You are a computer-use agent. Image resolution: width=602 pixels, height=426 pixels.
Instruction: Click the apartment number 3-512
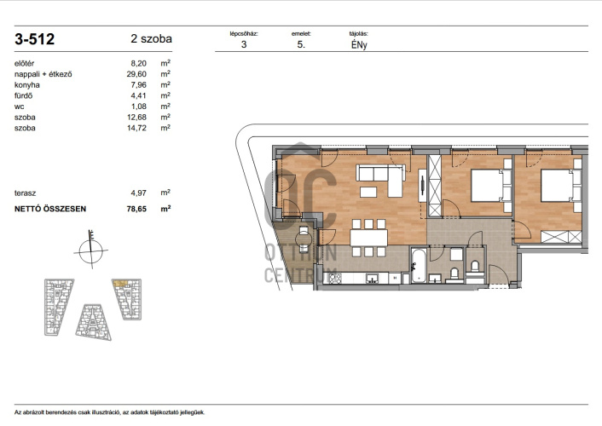[x=35, y=39]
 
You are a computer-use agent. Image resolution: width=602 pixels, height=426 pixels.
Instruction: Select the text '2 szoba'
[x=151, y=38]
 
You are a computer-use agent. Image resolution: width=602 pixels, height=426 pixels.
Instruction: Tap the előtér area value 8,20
[x=139, y=63]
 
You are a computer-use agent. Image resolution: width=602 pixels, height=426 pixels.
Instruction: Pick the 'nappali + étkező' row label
[x=43, y=74]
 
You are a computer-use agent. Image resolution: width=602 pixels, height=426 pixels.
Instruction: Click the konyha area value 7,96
[x=139, y=85]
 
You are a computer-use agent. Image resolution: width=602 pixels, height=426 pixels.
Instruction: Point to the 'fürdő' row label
[x=23, y=95]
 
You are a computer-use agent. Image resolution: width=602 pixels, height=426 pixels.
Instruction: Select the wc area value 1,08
[x=139, y=106]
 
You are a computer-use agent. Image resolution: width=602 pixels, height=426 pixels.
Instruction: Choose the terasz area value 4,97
[x=139, y=193]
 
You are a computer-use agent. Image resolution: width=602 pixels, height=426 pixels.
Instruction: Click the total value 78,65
[x=136, y=209]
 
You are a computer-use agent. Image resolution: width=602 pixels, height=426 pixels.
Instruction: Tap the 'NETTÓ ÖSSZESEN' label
[x=50, y=209]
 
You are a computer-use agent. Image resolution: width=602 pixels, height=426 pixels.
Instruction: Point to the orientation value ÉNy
[x=359, y=45]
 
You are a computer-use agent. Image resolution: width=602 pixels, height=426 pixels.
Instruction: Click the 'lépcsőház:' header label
[x=244, y=34]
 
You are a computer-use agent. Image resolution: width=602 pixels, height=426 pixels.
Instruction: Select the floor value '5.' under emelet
[x=301, y=44]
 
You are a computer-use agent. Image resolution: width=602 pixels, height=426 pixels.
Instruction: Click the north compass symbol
[x=91, y=250]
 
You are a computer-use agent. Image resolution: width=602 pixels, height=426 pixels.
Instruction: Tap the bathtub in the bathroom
[x=419, y=266]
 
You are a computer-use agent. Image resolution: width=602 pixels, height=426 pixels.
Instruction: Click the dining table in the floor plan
[x=368, y=238]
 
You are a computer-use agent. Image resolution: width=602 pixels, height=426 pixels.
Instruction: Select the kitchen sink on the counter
[x=372, y=279]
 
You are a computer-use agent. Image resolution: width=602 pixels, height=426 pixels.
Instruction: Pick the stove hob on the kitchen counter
[x=335, y=278]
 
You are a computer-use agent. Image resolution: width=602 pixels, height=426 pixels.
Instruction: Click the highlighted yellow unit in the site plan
[x=120, y=283]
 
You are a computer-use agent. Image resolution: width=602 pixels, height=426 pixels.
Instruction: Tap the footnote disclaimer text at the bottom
[x=110, y=412]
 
